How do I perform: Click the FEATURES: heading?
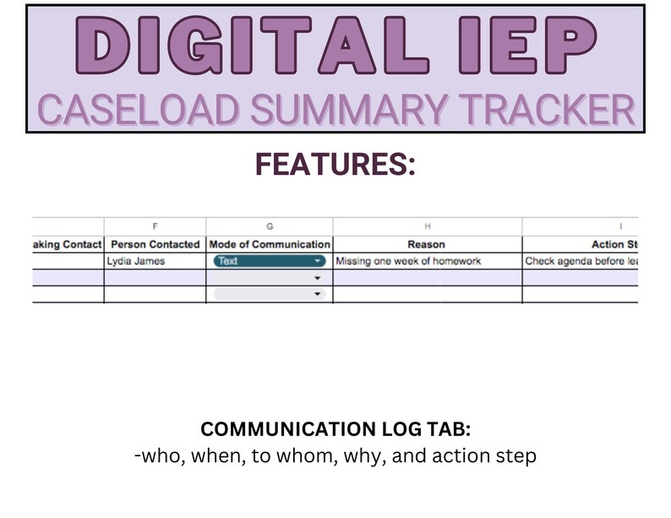[335, 166]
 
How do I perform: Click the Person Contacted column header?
[155, 244]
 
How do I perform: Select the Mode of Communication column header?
[270, 244]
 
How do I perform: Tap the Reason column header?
[427, 244]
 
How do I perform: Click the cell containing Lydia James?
[136, 261]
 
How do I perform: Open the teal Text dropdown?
[270, 261]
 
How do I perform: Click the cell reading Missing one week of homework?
[408, 261]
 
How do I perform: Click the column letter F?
[155, 226]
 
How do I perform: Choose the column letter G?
[270, 226]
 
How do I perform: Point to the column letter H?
[427, 226]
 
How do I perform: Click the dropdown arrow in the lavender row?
[317, 277]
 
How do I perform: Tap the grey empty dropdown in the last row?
[270, 294]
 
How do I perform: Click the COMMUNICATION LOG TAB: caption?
[335, 429]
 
